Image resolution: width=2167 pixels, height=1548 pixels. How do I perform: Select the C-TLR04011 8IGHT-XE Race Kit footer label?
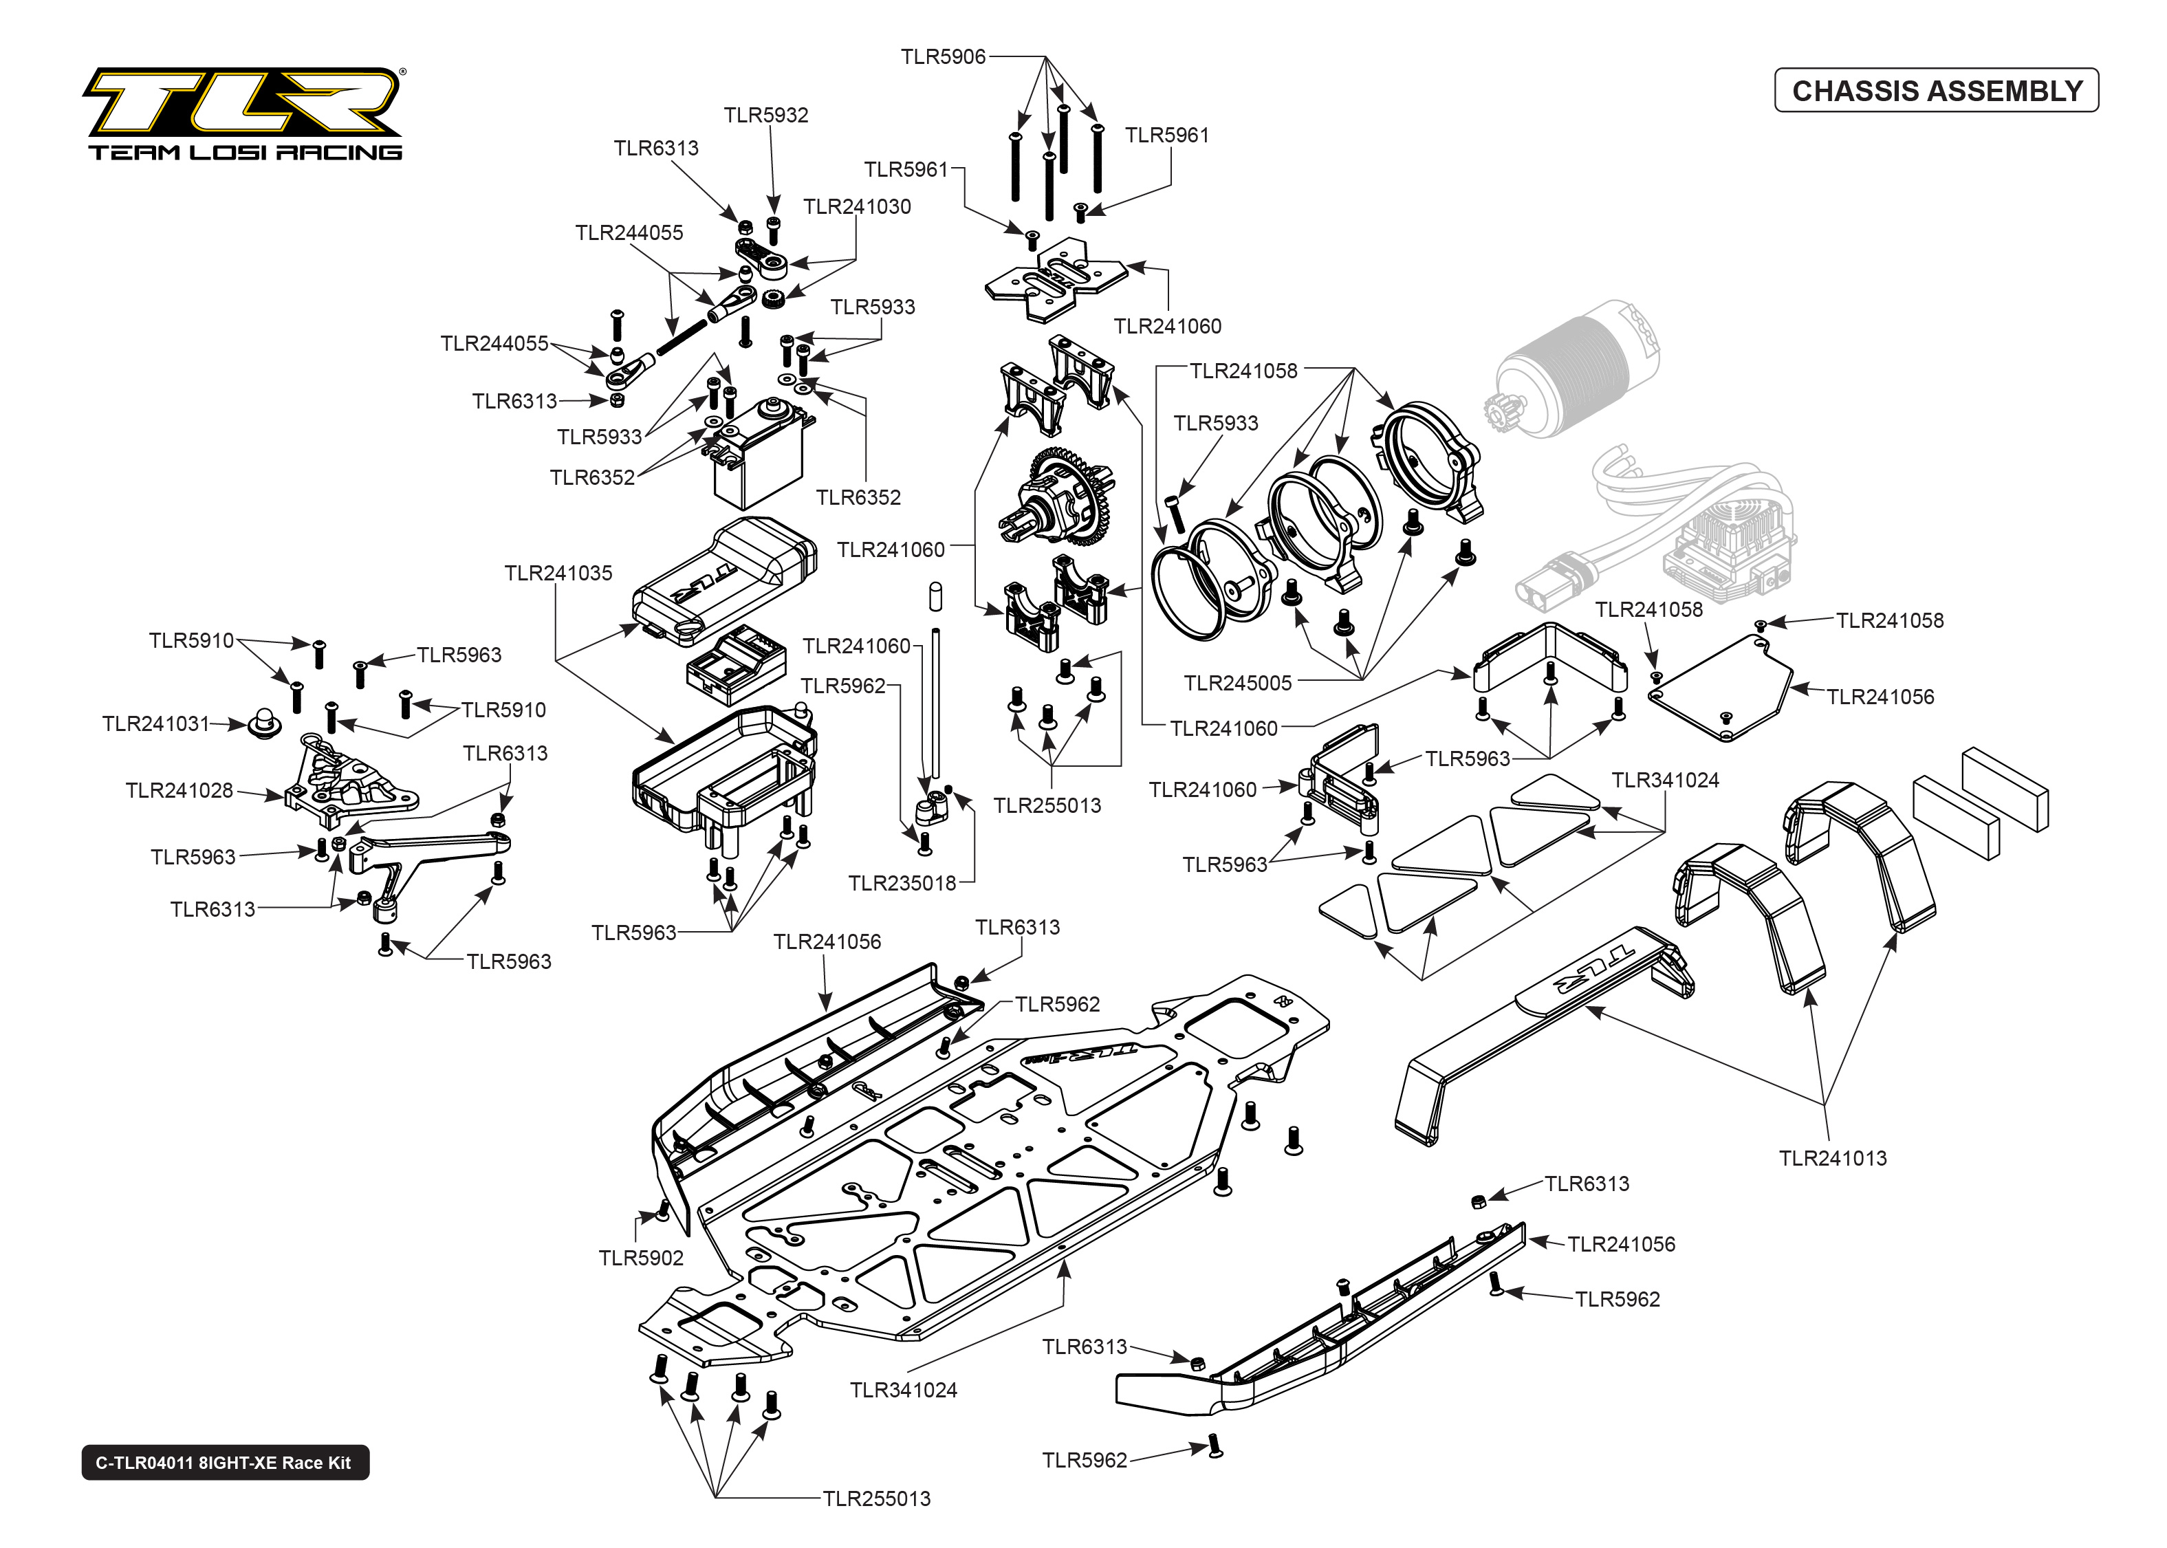click(x=224, y=1462)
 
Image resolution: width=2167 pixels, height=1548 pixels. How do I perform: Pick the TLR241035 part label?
click(x=558, y=573)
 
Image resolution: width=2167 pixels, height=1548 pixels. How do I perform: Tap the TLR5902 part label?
click(x=640, y=1258)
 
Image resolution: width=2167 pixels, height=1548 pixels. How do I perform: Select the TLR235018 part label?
click(x=902, y=883)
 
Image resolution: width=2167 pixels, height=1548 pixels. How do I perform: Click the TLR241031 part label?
click(x=155, y=723)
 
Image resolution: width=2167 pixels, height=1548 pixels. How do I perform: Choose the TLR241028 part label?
click(x=179, y=790)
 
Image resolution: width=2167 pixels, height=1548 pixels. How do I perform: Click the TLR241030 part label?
click(x=857, y=207)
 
